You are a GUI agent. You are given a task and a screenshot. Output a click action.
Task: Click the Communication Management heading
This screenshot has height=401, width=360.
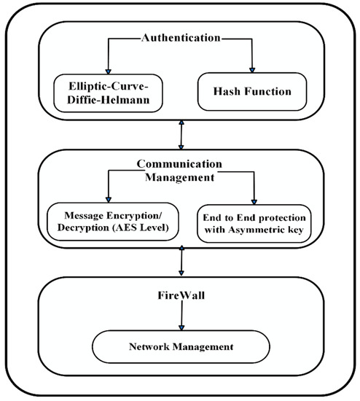(x=179, y=170)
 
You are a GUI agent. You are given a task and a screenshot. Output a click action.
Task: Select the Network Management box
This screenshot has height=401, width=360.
(x=179, y=346)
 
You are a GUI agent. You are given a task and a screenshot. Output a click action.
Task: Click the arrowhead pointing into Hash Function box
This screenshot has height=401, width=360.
(x=252, y=69)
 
